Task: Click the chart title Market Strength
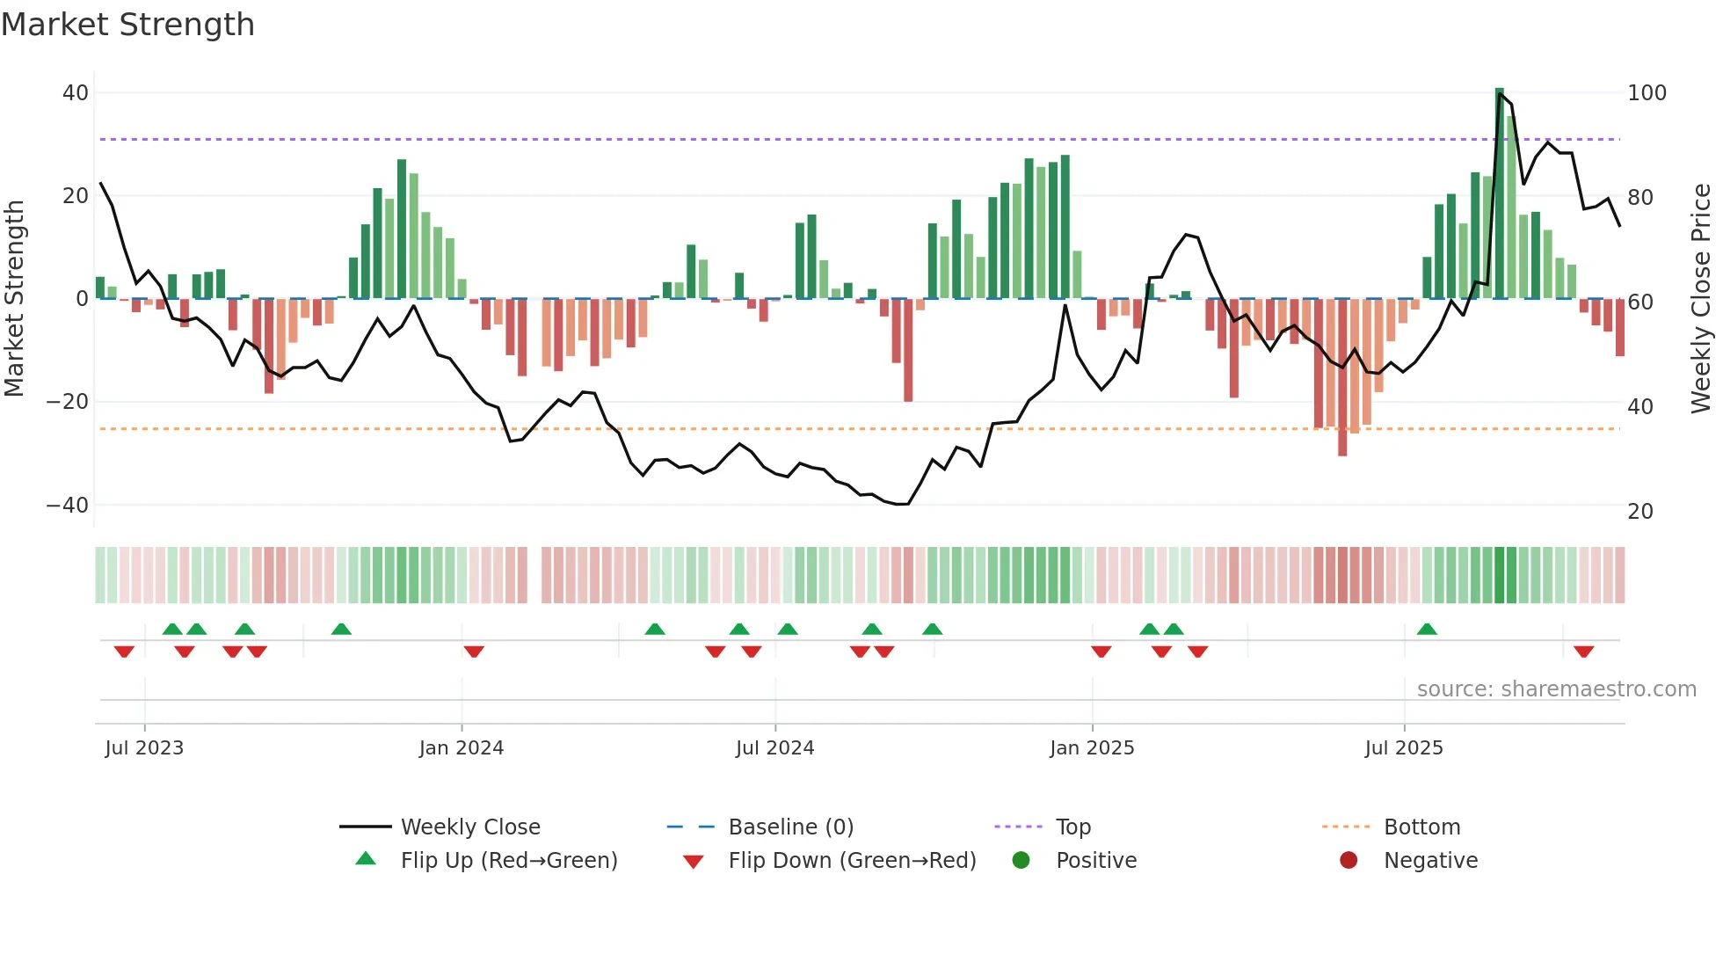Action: pyautogui.click(x=128, y=25)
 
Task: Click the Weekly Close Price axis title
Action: pyautogui.click(x=1701, y=299)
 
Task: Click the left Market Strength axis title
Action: pyautogui.click(x=15, y=299)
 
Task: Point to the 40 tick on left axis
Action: pyautogui.click(x=76, y=93)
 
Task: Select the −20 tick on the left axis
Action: pyautogui.click(x=68, y=402)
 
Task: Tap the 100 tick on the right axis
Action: pyautogui.click(x=1647, y=93)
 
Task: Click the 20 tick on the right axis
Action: pyautogui.click(x=1639, y=512)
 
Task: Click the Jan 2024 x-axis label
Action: pyautogui.click(x=462, y=748)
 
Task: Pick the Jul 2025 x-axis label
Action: pyautogui.click(x=1404, y=748)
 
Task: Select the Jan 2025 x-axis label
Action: pyautogui.click(x=1092, y=748)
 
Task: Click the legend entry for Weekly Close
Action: pyautogui.click(x=470, y=827)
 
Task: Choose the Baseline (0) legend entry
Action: pyautogui.click(x=790, y=827)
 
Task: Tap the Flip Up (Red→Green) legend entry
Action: pyautogui.click(x=508, y=861)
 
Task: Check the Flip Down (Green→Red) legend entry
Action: pyautogui.click(x=851, y=861)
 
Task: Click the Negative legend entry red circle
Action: pyautogui.click(x=1349, y=861)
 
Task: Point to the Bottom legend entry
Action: pyautogui.click(x=1421, y=827)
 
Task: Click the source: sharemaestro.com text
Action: pyautogui.click(x=1556, y=689)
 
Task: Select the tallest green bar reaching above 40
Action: pyautogui.click(x=1500, y=193)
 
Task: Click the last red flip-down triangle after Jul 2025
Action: pyautogui.click(x=1584, y=652)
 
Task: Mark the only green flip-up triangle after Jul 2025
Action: pyautogui.click(x=1427, y=630)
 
